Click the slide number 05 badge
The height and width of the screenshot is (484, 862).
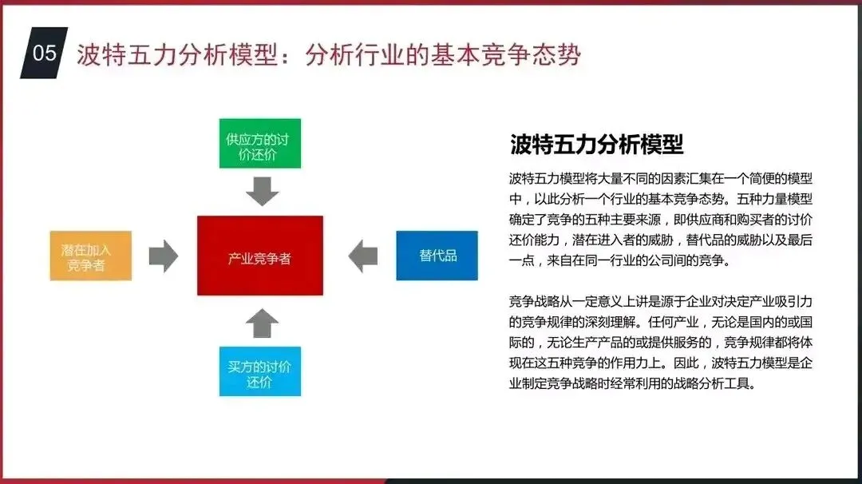pyautogui.click(x=45, y=53)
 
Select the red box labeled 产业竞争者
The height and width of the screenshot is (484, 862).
pyautogui.click(x=260, y=256)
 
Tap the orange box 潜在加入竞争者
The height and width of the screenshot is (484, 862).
pyautogui.click(x=90, y=256)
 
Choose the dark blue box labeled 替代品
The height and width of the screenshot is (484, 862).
pyautogui.click(x=437, y=256)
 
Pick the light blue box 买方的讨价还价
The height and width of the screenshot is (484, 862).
pyautogui.click(x=259, y=372)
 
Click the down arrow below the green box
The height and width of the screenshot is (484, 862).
pyautogui.click(x=261, y=192)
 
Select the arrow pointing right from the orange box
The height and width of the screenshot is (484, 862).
pyautogui.click(x=164, y=256)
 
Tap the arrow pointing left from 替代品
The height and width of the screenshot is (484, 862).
pyautogui.click(x=363, y=256)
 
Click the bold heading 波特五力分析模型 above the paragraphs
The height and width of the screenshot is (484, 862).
pyautogui.click(x=596, y=145)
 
